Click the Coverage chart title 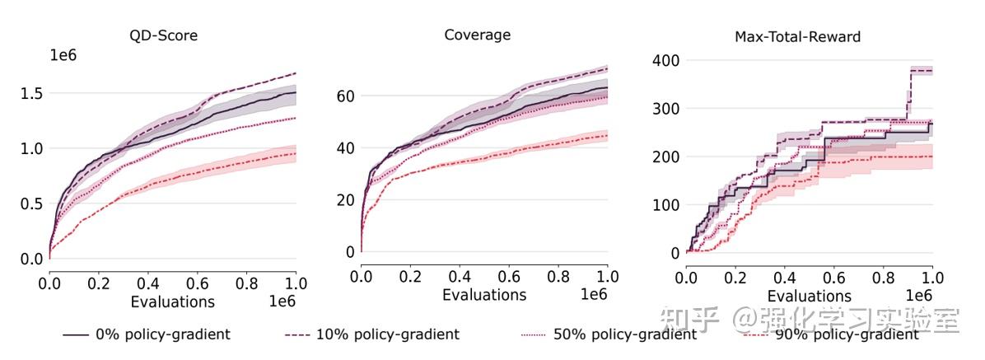477,35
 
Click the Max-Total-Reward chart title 797,37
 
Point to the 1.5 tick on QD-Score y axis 30,94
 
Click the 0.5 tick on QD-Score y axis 30,203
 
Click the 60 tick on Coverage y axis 344,96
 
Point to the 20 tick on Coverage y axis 344,199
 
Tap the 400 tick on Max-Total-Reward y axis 665,61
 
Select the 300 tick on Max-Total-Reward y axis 665,109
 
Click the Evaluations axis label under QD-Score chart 172,302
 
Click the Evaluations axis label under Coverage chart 483,295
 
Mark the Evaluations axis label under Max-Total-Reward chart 810,296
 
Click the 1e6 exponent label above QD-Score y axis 64,55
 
